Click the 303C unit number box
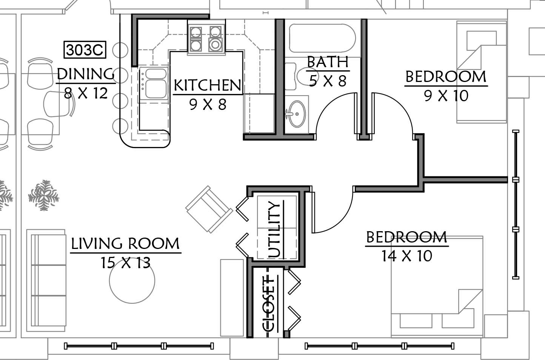coord(85,50)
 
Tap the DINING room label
coord(86,74)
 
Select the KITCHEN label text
coord(208,85)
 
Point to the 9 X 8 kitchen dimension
coord(208,105)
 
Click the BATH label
coord(328,62)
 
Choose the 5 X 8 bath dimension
coord(328,81)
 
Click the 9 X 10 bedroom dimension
coord(446,96)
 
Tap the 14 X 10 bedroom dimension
coord(407,256)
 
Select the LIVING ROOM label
coord(125,243)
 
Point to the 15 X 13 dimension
coord(126,263)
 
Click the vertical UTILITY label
coord(274,229)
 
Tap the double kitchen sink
coord(154,83)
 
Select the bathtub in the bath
coord(322,38)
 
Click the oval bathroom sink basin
coord(297,113)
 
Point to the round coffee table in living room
coord(132,280)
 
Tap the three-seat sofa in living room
coord(46,280)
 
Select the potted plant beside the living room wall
coord(44,195)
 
